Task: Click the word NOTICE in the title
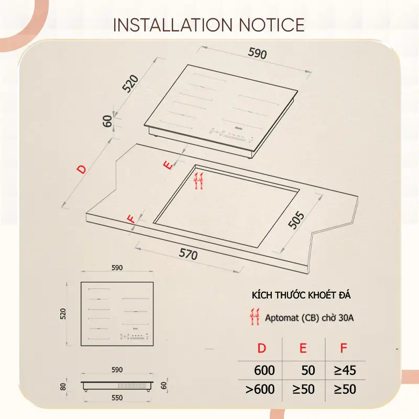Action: click(x=272, y=25)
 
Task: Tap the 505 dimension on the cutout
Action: click(x=296, y=220)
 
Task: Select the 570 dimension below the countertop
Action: click(x=189, y=254)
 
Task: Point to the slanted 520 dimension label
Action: click(x=130, y=84)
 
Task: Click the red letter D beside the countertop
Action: click(x=82, y=169)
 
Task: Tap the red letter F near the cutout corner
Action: click(x=132, y=219)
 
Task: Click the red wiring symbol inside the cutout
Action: click(x=199, y=181)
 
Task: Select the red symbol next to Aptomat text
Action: click(x=255, y=317)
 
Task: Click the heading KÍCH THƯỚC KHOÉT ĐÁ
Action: click(x=301, y=295)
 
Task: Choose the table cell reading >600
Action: click(x=260, y=389)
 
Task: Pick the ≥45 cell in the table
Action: click(x=345, y=370)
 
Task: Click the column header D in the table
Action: click(x=261, y=348)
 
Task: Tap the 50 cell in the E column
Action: click(x=308, y=370)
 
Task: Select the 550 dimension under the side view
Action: click(x=117, y=398)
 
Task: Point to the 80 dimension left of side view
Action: click(x=63, y=387)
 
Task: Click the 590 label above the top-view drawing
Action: click(x=117, y=268)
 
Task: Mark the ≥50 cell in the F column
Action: click(x=345, y=389)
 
